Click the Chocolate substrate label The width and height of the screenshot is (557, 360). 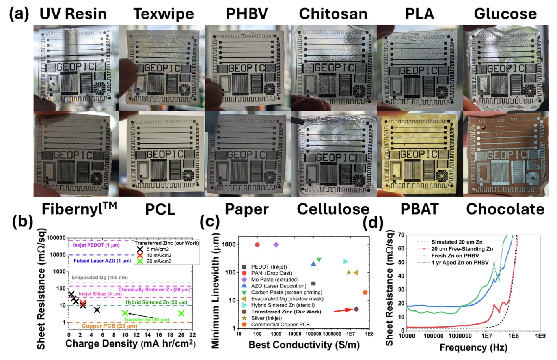coord(505,209)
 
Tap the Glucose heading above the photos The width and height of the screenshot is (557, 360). coord(505,14)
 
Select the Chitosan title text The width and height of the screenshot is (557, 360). coord(333,14)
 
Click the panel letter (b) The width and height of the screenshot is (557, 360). coord(22,222)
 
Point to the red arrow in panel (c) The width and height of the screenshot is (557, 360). coord(343,310)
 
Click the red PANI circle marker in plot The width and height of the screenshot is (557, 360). coord(257,245)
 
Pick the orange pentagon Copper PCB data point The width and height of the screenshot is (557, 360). coord(365,292)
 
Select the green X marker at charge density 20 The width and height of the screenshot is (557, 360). coord(181,313)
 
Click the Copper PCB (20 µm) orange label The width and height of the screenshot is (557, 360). coord(109,326)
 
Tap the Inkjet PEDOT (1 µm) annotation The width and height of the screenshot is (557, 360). coord(96,245)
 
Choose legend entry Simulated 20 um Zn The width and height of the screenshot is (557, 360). coord(456,242)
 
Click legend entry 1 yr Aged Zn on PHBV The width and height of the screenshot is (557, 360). coord(460,263)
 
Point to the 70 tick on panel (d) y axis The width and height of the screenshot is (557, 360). coord(401,235)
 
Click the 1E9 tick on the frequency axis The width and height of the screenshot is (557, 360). coord(540,336)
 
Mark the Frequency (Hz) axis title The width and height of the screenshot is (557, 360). coord(473,347)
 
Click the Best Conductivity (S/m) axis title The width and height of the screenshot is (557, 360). coord(304,345)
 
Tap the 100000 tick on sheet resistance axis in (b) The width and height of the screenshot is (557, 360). coord(56,238)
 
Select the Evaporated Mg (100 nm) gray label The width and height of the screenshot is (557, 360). coord(99,278)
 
